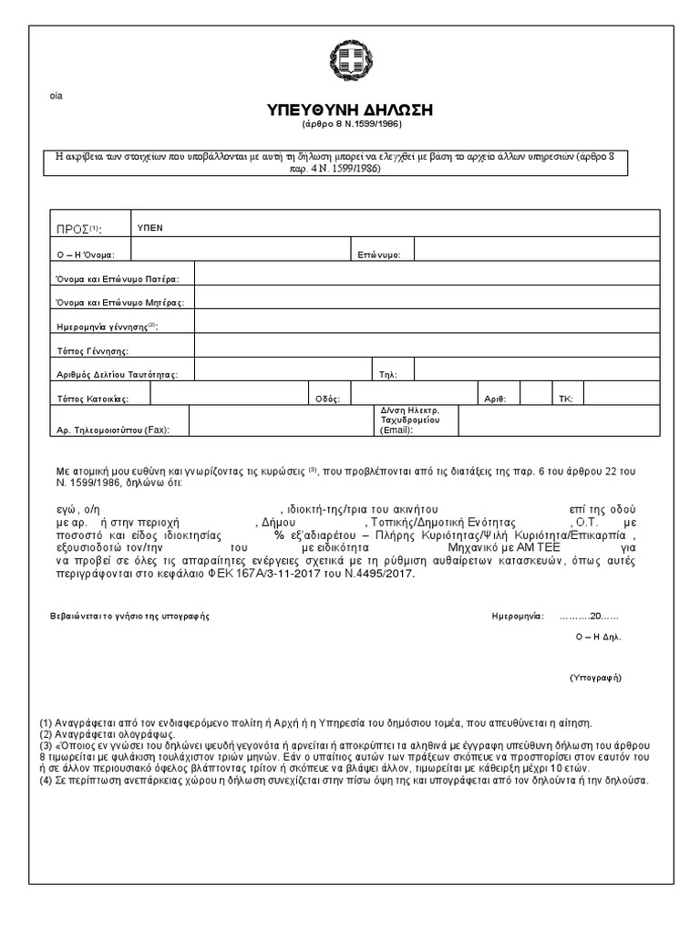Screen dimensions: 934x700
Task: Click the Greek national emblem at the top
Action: tap(350, 64)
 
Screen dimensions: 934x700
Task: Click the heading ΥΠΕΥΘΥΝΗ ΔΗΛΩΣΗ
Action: tap(350, 110)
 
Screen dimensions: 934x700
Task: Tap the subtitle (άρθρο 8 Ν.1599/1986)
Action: tap(350, 125)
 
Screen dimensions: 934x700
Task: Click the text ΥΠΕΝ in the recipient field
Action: tap(149, 227)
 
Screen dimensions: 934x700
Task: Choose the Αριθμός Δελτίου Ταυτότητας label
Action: tap(123, 374)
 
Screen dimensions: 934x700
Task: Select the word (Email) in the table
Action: tap(396, 431)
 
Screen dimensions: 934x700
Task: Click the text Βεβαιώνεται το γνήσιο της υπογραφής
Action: tap(129, 616)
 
